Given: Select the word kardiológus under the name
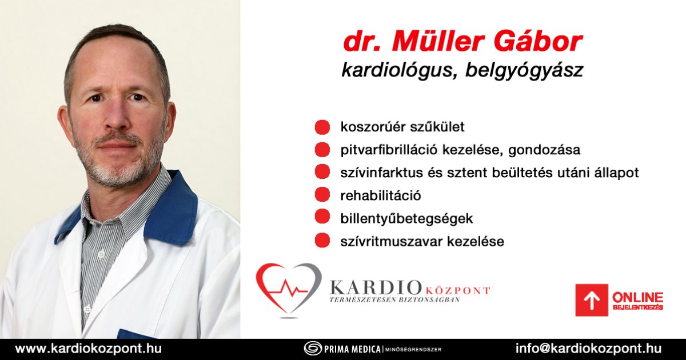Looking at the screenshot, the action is click(397, 70).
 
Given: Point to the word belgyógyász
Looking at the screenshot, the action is click(524, 71).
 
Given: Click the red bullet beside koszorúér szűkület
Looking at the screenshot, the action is click(322, 127).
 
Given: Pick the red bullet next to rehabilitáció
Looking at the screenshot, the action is click(322, 195).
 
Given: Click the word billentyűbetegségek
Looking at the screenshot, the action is click(406, 218).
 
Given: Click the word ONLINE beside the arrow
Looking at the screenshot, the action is click(637, 297).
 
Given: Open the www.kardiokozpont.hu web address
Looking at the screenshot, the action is click(88, 349).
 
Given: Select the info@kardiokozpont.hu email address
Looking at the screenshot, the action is click(588, 349).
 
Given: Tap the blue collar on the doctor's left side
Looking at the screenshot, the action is click(171, 208).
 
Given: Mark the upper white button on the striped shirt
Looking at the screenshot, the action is click(101, 254).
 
